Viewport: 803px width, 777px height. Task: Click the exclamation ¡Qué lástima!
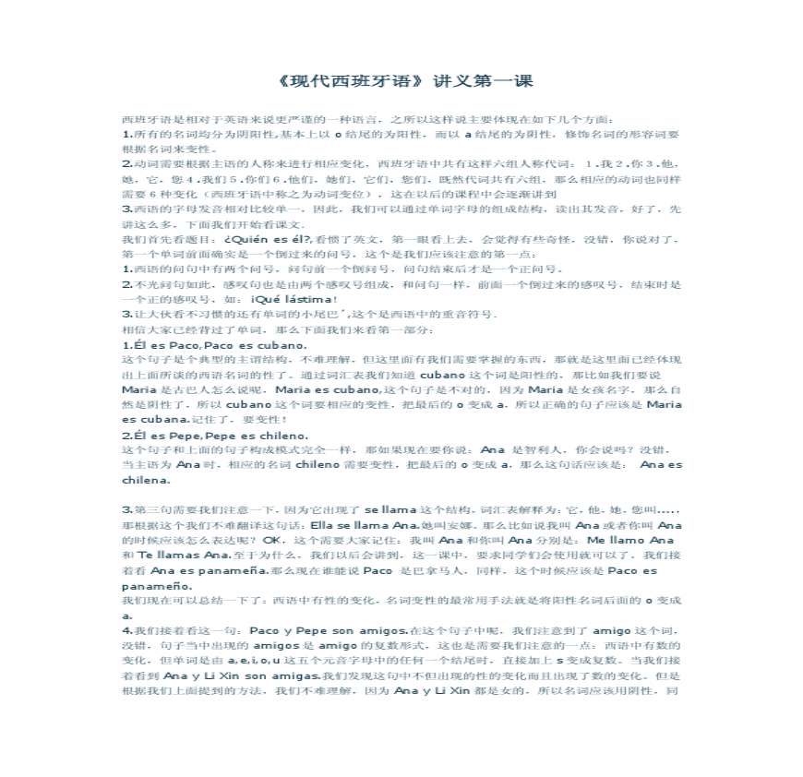coord(294,299)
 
